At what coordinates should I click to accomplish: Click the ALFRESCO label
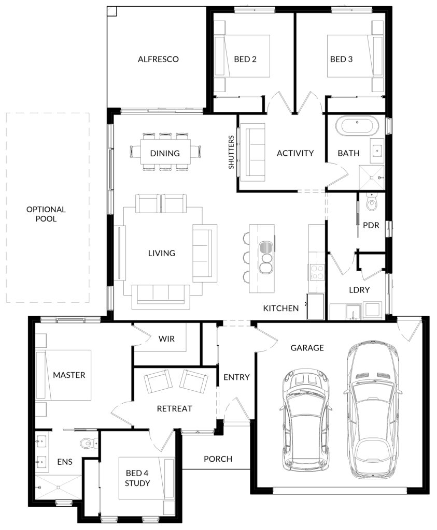point(158,59)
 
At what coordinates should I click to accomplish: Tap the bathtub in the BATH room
point(357,126)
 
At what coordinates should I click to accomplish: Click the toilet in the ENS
point(89,442)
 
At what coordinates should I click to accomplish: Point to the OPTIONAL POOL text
point(46,214)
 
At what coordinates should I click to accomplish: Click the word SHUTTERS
point(231,152)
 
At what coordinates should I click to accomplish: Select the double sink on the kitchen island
point(266,257)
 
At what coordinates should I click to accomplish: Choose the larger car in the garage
point(372,410)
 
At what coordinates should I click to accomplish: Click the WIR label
point(166,338)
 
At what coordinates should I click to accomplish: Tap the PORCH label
point(218,459)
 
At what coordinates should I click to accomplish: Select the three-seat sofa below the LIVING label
point(161,297)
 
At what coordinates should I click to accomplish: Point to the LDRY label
point(359,290)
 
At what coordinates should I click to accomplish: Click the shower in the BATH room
point(371,177)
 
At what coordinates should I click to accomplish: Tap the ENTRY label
point(236,377)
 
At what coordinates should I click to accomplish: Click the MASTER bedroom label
point(69,375)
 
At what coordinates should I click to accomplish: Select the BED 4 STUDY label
point(137,478)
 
